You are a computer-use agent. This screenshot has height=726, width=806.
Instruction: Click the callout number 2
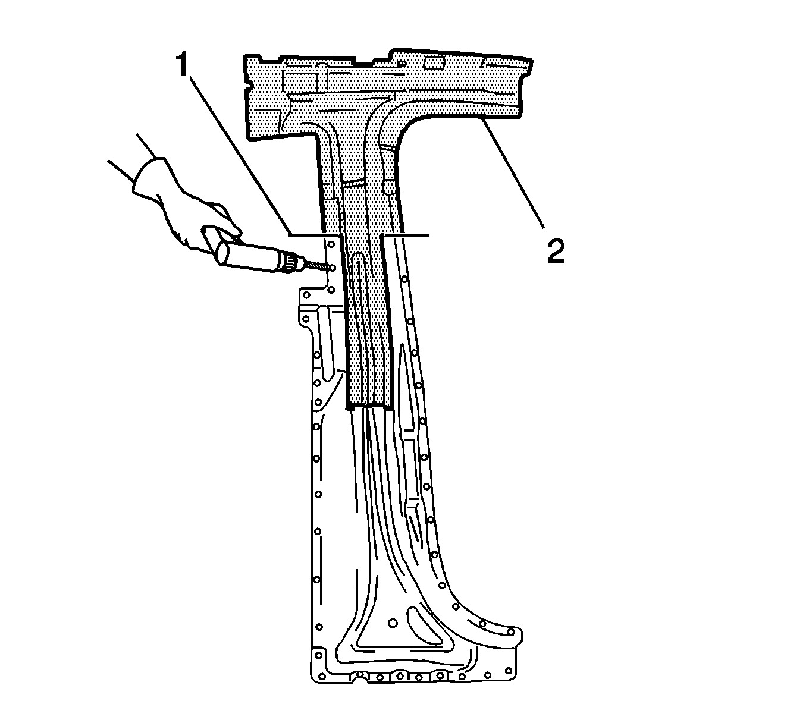(556, 251)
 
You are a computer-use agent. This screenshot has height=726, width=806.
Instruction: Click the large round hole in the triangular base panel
(393, 623)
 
